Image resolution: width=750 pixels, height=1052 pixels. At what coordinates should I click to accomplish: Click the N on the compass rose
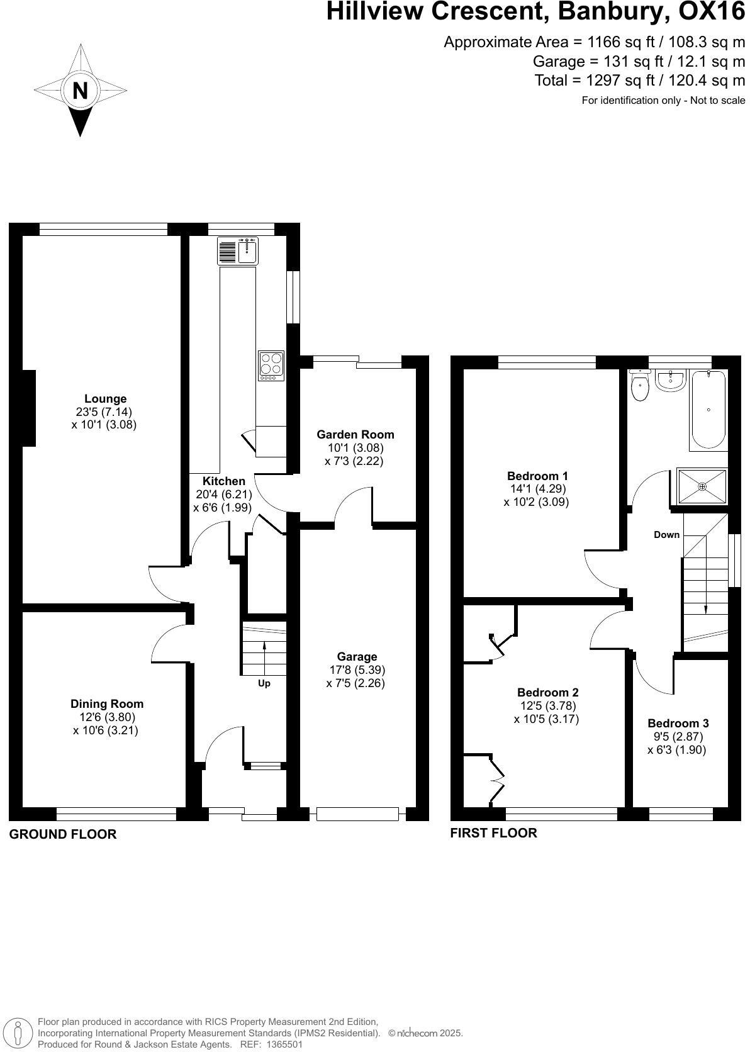pyautogui.click(x=80, y=91)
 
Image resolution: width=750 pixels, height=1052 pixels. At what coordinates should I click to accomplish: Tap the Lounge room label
pyautogui.click(x=105, y=398)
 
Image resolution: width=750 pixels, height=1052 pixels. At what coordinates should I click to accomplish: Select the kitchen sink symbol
pyautogui.click(x=238, y=251)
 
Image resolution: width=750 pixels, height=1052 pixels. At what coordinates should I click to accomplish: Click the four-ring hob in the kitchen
pyautogui.click(x=271, y=364)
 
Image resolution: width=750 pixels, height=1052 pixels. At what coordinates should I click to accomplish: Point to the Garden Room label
pyautogui.click(x=355, y=434)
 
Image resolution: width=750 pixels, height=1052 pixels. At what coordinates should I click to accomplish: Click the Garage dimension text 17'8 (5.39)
pyautogui.click(x=357, y=670)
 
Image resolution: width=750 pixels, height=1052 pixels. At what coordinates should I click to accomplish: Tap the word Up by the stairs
pyautogui.click(x=264, y=683)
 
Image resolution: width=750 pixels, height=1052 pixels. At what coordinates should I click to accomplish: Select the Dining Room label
pyautogui.click(x=106, y=703)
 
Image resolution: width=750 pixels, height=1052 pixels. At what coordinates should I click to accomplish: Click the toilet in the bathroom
pyautogui.click(x=641, y=388)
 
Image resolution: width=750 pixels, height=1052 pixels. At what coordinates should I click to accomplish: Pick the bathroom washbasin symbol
pyautogui.click(x=670, y=381)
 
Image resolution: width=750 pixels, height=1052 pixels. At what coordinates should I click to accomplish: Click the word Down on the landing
pyautogui.click(x=666, y=535)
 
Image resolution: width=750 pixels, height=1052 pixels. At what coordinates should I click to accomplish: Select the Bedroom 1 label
pyautogui.click(x=537, y=476)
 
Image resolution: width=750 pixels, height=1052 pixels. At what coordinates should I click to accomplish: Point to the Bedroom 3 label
pyautogui.click(x=678, y=723)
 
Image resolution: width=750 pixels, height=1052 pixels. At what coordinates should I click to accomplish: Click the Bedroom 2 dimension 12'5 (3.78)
pyautogui.click(x=547, y=706)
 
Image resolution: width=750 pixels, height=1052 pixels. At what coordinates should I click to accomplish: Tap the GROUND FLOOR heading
pyautogui.click(x=63, y=834)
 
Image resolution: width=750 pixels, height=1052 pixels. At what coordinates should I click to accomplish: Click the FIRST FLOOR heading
pyautogui.click(x=493, y=833)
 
